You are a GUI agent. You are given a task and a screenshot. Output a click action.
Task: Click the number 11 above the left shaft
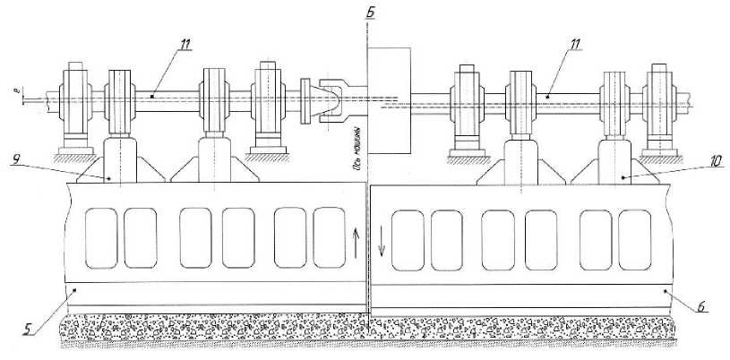click(x=183, y=42)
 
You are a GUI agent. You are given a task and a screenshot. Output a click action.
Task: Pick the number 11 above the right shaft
click(x=575, y=43)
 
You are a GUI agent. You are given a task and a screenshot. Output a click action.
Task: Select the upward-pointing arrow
click(x=356, y=239)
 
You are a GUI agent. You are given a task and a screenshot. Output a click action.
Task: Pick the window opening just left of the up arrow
click(x=329, y=237)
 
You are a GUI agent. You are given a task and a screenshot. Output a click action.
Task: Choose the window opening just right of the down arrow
click(x=408, y=238)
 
